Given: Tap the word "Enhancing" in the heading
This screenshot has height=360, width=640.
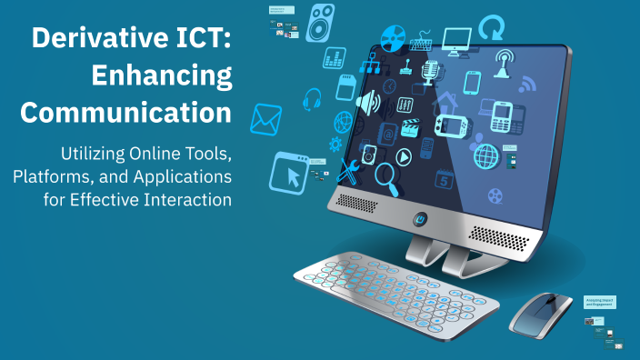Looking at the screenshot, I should tap(162, 76).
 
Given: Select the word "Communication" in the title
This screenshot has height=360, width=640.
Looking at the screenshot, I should tap(125, 113).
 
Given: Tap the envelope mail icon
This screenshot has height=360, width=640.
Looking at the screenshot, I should tap(266, 117).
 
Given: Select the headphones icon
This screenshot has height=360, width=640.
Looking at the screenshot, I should tap(313, 97).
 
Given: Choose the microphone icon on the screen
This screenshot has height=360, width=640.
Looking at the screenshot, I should tap(429, 70).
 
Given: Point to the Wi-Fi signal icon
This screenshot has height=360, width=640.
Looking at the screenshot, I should tap(527, 85).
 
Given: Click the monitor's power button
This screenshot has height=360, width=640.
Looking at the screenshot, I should tap(420, 218).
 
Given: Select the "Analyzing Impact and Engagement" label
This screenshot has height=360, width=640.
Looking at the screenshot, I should tap(599, 303).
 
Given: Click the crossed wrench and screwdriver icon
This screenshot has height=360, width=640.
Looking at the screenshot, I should tap(348, 170).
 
